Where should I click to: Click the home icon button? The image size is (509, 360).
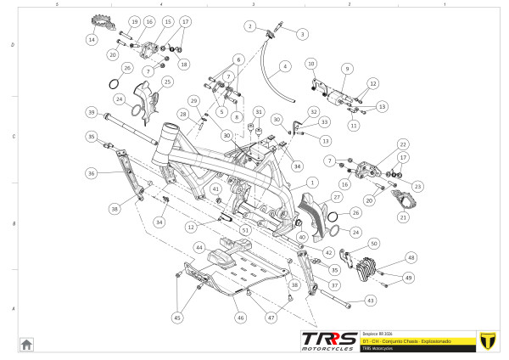27,344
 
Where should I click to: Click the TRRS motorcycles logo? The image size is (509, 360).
329,340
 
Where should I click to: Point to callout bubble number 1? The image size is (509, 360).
312,182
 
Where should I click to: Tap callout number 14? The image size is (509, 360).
92,40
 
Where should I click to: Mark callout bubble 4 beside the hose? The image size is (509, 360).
285,65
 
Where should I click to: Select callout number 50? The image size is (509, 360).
374,244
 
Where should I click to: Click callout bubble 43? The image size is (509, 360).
370,300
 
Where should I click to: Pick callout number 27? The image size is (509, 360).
336,197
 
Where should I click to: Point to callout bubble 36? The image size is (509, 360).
92,173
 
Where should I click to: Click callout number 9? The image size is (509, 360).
346,68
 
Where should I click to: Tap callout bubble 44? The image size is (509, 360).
200,247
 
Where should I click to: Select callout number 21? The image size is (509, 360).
403,217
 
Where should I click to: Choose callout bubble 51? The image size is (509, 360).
245,229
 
